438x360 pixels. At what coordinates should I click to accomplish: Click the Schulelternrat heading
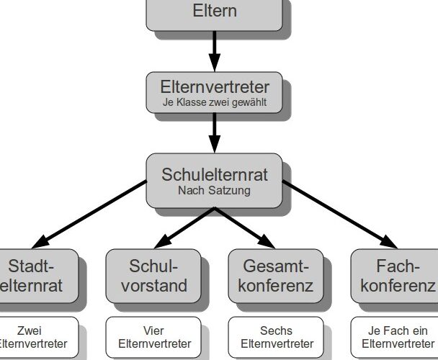(x=215, y=174)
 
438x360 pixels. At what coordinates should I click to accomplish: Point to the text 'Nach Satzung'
(x=215, y=191)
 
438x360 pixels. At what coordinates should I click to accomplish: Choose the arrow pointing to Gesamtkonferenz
(x=245, y=225)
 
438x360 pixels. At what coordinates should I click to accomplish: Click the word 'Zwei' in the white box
(x=29, y=330)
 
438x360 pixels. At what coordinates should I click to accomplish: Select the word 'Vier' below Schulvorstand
(x=153, y=330)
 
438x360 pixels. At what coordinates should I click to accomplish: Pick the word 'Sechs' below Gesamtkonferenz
(x=277, y=330)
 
